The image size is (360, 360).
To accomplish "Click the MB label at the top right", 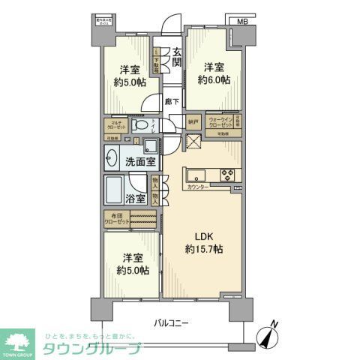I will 241,22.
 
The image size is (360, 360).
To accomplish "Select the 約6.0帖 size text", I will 214,80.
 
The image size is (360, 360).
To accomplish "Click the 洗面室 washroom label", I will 140,160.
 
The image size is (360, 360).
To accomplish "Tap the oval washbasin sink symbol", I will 112,160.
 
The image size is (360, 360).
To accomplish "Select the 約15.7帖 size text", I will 205,248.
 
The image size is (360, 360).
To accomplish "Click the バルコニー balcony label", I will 172,323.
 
